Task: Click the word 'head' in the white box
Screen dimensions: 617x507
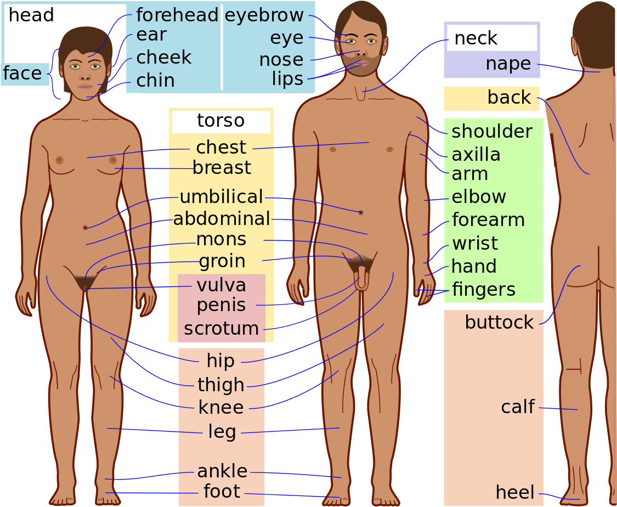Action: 31,15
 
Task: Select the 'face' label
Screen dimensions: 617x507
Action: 22,73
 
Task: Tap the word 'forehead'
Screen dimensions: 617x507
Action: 177,15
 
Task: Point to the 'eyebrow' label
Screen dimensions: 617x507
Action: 264,15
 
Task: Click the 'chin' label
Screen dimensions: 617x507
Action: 155,80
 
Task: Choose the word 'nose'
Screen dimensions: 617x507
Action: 281,60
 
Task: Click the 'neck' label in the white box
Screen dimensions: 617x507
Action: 476,38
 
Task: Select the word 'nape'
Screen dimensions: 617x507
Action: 508,64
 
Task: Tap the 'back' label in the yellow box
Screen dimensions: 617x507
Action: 509,97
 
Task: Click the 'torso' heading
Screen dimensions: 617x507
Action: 221,121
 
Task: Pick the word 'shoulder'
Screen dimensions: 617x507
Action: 492,132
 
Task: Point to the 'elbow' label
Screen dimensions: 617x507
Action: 478,196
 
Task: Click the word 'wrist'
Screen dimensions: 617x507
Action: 475,243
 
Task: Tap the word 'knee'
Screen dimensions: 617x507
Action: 221,407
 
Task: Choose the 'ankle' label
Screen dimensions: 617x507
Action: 222,471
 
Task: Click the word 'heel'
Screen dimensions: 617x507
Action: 515,492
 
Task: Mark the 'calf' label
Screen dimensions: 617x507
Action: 517,407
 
